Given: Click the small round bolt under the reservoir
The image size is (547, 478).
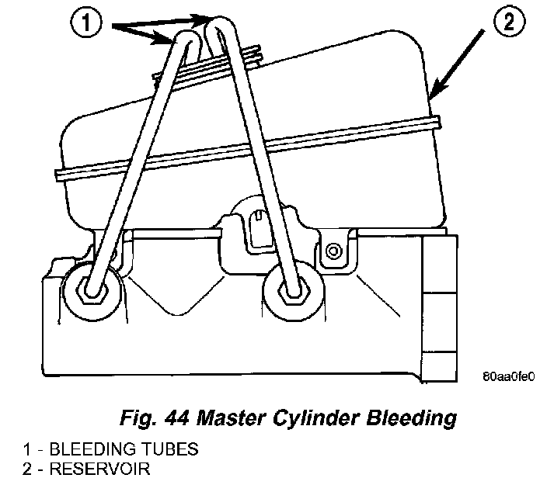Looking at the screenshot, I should [x=334, y=251].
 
